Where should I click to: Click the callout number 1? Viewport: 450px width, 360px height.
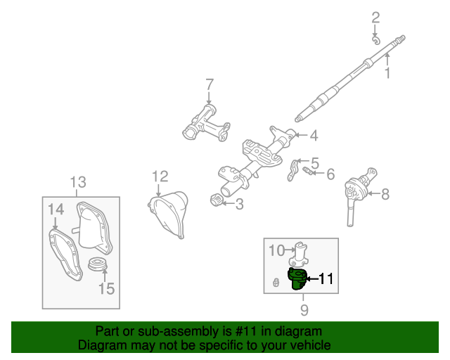386,72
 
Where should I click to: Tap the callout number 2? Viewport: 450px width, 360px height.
375,17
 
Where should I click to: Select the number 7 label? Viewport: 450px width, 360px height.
209,85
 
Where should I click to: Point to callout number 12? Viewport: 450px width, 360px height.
160,176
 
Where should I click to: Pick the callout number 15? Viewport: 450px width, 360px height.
105,288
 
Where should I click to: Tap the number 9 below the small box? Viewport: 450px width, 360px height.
304,309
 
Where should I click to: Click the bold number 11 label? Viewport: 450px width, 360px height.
325,278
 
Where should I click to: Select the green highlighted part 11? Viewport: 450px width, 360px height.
298,278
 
